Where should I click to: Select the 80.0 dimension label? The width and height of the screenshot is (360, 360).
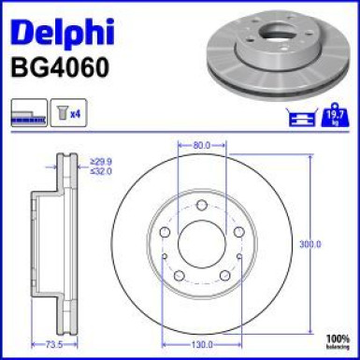click(200, 146)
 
